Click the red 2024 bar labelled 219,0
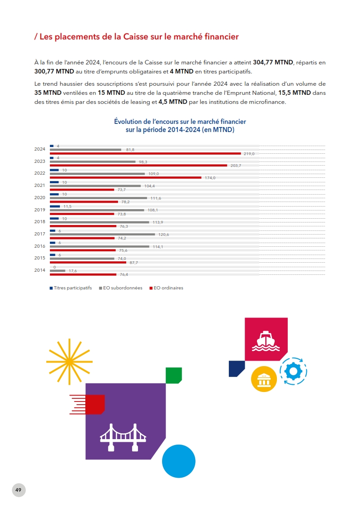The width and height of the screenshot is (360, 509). [145, 153]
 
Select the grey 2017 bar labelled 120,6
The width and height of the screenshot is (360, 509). [102, 234]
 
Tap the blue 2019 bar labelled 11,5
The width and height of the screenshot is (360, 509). [54, 206]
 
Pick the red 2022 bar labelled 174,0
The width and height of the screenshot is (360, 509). [125, 177]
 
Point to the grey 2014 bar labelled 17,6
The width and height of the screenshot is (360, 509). [57, 270]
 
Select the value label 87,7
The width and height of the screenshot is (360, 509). [133, 263]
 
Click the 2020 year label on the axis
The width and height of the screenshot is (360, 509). [39, 198]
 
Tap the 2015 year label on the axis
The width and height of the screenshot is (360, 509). [39, 258]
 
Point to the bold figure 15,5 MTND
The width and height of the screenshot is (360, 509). [295, 93]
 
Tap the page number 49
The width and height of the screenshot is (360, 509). [19, 490]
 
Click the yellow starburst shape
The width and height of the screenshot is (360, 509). [69, 361]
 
